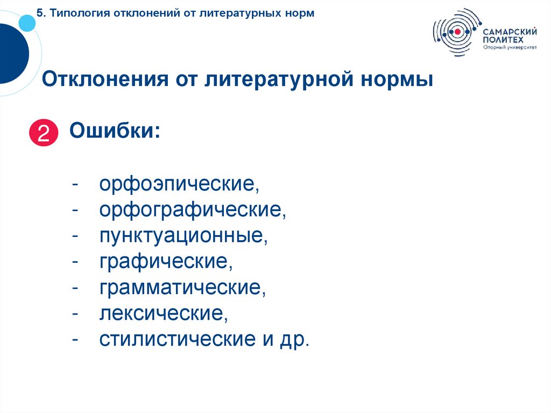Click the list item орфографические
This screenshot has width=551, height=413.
click(192, 211)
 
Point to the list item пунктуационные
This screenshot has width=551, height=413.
click(183, 236)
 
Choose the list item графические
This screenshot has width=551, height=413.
click(166, 262)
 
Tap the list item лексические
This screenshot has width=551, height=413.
click(164, 313)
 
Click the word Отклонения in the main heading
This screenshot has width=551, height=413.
click(103, 80)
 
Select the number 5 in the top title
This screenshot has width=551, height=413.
click(40, 12)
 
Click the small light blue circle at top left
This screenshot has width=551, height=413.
click(26, 22)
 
